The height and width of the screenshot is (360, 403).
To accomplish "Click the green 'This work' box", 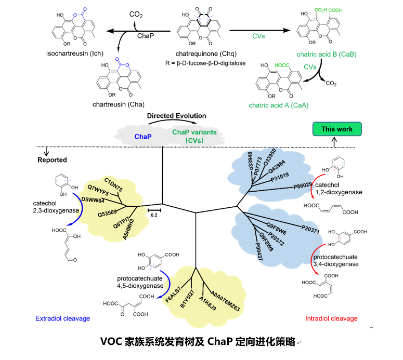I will (336, 129).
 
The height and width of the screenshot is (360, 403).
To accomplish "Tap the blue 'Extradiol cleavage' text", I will (62, 318).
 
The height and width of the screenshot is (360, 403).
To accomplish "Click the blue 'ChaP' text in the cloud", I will (143, 136).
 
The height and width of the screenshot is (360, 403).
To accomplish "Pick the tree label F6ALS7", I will (173, 294).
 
